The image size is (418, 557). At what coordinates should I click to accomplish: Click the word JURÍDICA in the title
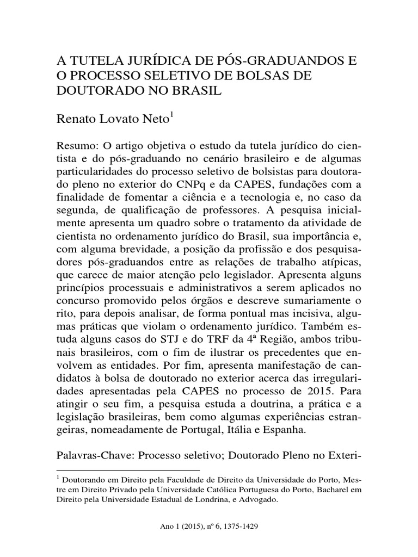click(x=145, y=59)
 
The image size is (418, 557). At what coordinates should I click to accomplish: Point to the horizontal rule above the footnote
click(x=128, y=469)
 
